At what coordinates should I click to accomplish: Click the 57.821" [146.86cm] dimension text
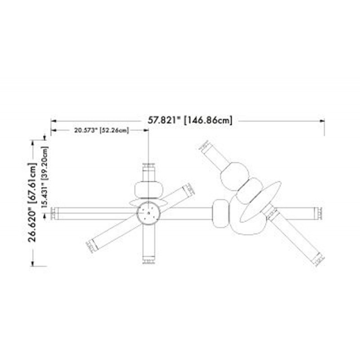pos(189,120)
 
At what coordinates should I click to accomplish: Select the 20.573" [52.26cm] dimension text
pos(102,130)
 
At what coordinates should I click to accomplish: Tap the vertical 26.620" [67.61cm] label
pos(32,202)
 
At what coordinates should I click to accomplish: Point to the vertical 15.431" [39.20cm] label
pos(45,177)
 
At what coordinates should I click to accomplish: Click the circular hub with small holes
pos(148,213)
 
